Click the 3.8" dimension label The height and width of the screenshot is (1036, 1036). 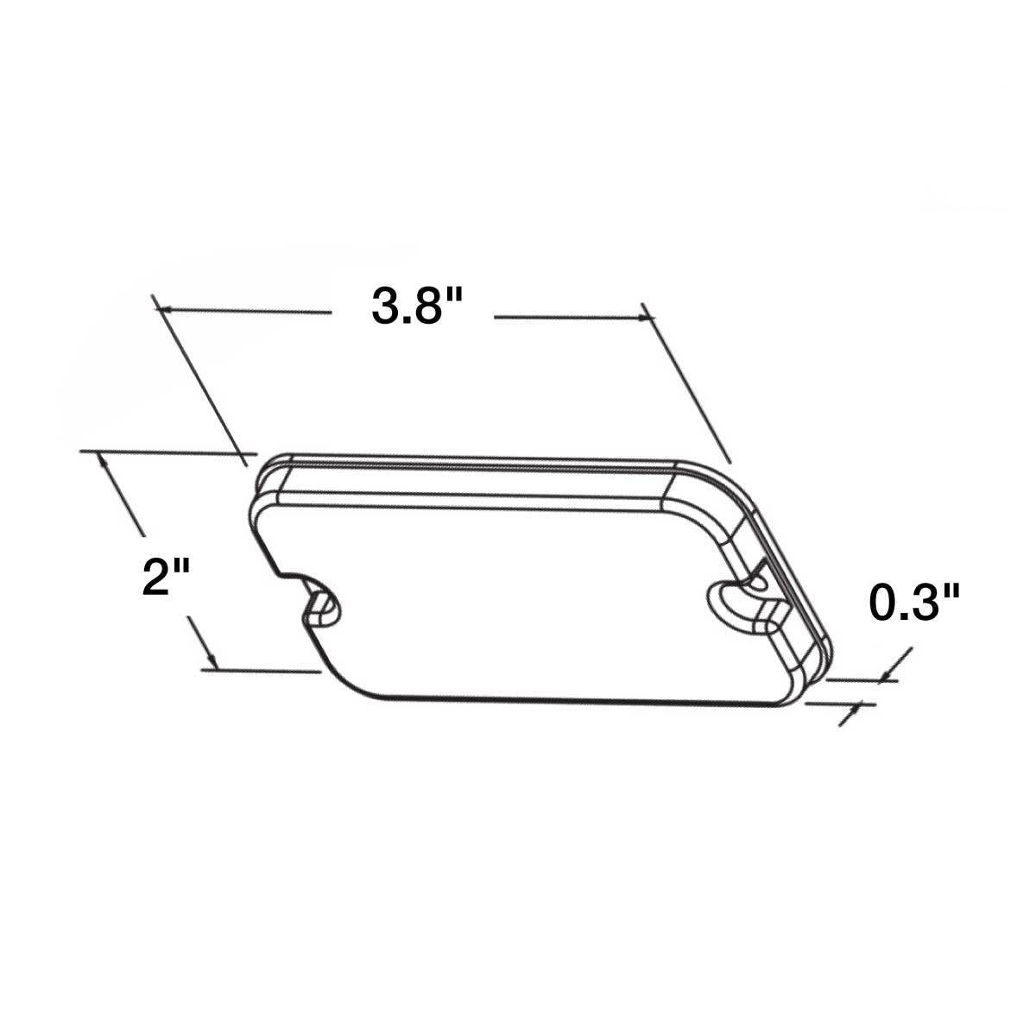point(412,307)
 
